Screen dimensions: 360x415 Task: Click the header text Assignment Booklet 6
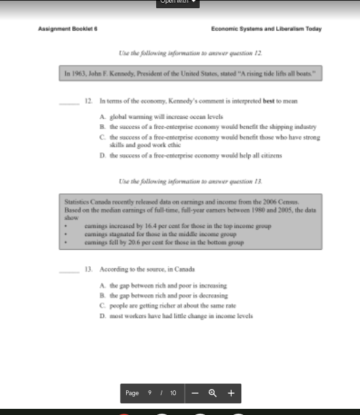pos(68,29)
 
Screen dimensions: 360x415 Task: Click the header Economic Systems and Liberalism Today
pos(267,29)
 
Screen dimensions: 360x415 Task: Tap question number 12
pos(88,100)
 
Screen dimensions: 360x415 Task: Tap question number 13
pos(88,269)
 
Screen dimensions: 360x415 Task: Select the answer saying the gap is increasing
pos(168,285)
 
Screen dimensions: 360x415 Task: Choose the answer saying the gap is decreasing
pos(168,296)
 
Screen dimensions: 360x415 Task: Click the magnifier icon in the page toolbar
pos(213,393)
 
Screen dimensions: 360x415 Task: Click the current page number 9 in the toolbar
pos(149,393)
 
